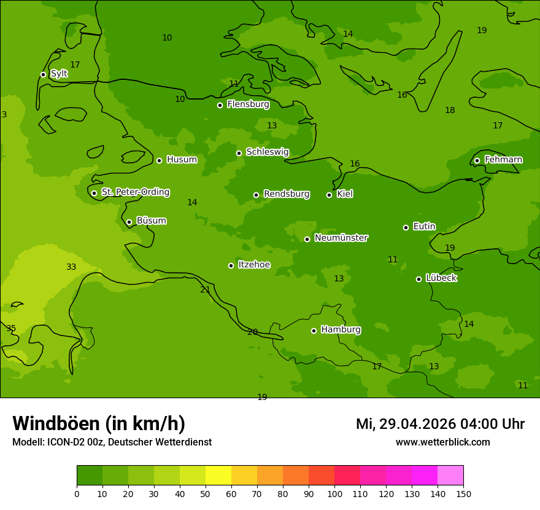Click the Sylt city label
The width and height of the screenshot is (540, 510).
click(59, 74)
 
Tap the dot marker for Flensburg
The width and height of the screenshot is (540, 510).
click(220, 105)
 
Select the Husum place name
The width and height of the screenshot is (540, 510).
click(182, 160)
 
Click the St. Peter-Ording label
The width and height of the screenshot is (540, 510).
click(135, 192)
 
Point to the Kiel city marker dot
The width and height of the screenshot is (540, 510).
click(329, 195)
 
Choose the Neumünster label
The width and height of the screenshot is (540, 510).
click(341, 238)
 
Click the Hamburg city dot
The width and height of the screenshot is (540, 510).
click(314, 331)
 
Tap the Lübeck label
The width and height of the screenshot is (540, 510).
click(441, 278)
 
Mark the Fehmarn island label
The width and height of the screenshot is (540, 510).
click(503, 160)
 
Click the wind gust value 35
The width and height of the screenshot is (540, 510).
click(11, 328)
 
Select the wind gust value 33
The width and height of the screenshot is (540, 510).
click(71, 267)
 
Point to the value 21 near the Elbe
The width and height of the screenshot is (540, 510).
click(205, 289)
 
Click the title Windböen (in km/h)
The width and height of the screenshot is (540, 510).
click(99, 423)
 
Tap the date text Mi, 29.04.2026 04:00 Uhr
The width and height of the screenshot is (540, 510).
click(440, 424)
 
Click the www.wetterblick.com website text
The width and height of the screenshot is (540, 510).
click(442, 442)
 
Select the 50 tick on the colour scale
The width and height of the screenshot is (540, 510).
click(206, 493)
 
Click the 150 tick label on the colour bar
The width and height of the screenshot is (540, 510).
click(463, 493)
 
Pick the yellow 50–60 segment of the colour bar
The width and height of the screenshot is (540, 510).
click(218, 475)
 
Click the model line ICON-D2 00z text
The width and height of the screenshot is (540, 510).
click(112, 442)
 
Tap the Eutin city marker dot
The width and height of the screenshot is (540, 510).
click(406, 227)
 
